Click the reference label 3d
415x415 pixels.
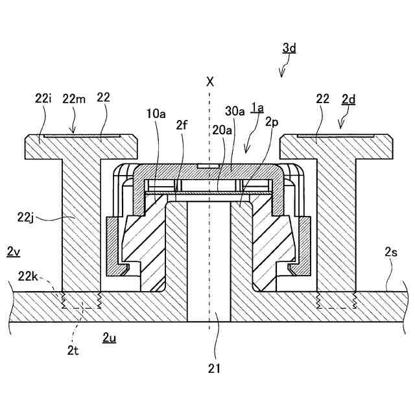tap(289, 48)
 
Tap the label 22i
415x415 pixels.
tap(43, 98)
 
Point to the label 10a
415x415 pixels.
tap(156, 114)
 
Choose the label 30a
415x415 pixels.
tap(235, 111)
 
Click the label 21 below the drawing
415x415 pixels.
tap(214, 369)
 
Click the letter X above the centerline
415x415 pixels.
tap(209, 82)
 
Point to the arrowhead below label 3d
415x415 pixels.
tap(281, 74)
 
